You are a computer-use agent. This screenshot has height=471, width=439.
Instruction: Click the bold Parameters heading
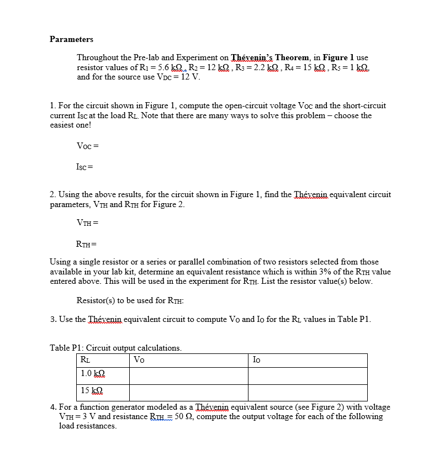click(x=71, y=39)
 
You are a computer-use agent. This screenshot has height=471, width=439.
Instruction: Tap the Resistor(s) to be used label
click(x=130, y=300)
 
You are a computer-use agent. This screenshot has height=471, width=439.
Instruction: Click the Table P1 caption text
click(x=115, y=348)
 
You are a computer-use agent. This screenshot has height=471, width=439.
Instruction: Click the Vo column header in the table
click(x=139, y=360)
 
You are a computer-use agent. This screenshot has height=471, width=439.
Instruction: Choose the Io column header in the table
click(x=257, y=360)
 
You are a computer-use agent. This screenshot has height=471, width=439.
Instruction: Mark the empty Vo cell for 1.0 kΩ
click(x=188, y=375)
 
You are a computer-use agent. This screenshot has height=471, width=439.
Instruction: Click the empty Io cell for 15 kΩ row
click(x=307, y=393)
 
